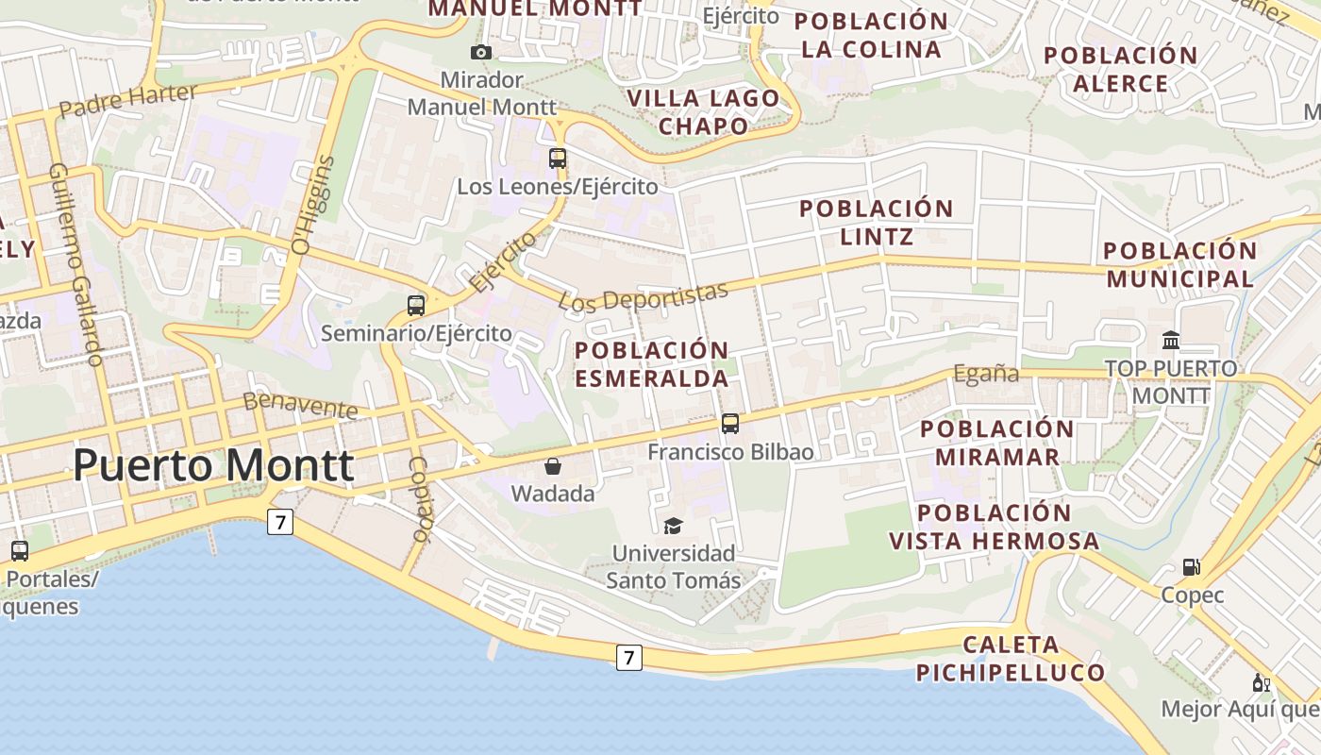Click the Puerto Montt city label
click(213, 466)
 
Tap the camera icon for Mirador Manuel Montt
click(481, 52)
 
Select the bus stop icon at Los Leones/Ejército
click(558, 158)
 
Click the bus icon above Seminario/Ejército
click(416, 305)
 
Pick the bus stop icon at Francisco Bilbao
click(730, 424)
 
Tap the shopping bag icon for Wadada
click(553, 466)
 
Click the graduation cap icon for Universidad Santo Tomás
click(673, 526)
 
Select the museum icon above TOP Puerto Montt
click(1171, 340)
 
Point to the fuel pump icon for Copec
click(1192, 567)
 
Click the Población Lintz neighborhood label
click(877, 222)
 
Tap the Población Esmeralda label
click(652, 364)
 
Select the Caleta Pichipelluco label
click(1011, 659)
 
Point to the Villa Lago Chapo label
click(704, 111)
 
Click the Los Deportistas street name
click(644, 296)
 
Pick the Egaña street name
click(986, 374)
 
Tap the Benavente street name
click(301, 406)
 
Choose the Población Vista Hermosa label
click(994, 527)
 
